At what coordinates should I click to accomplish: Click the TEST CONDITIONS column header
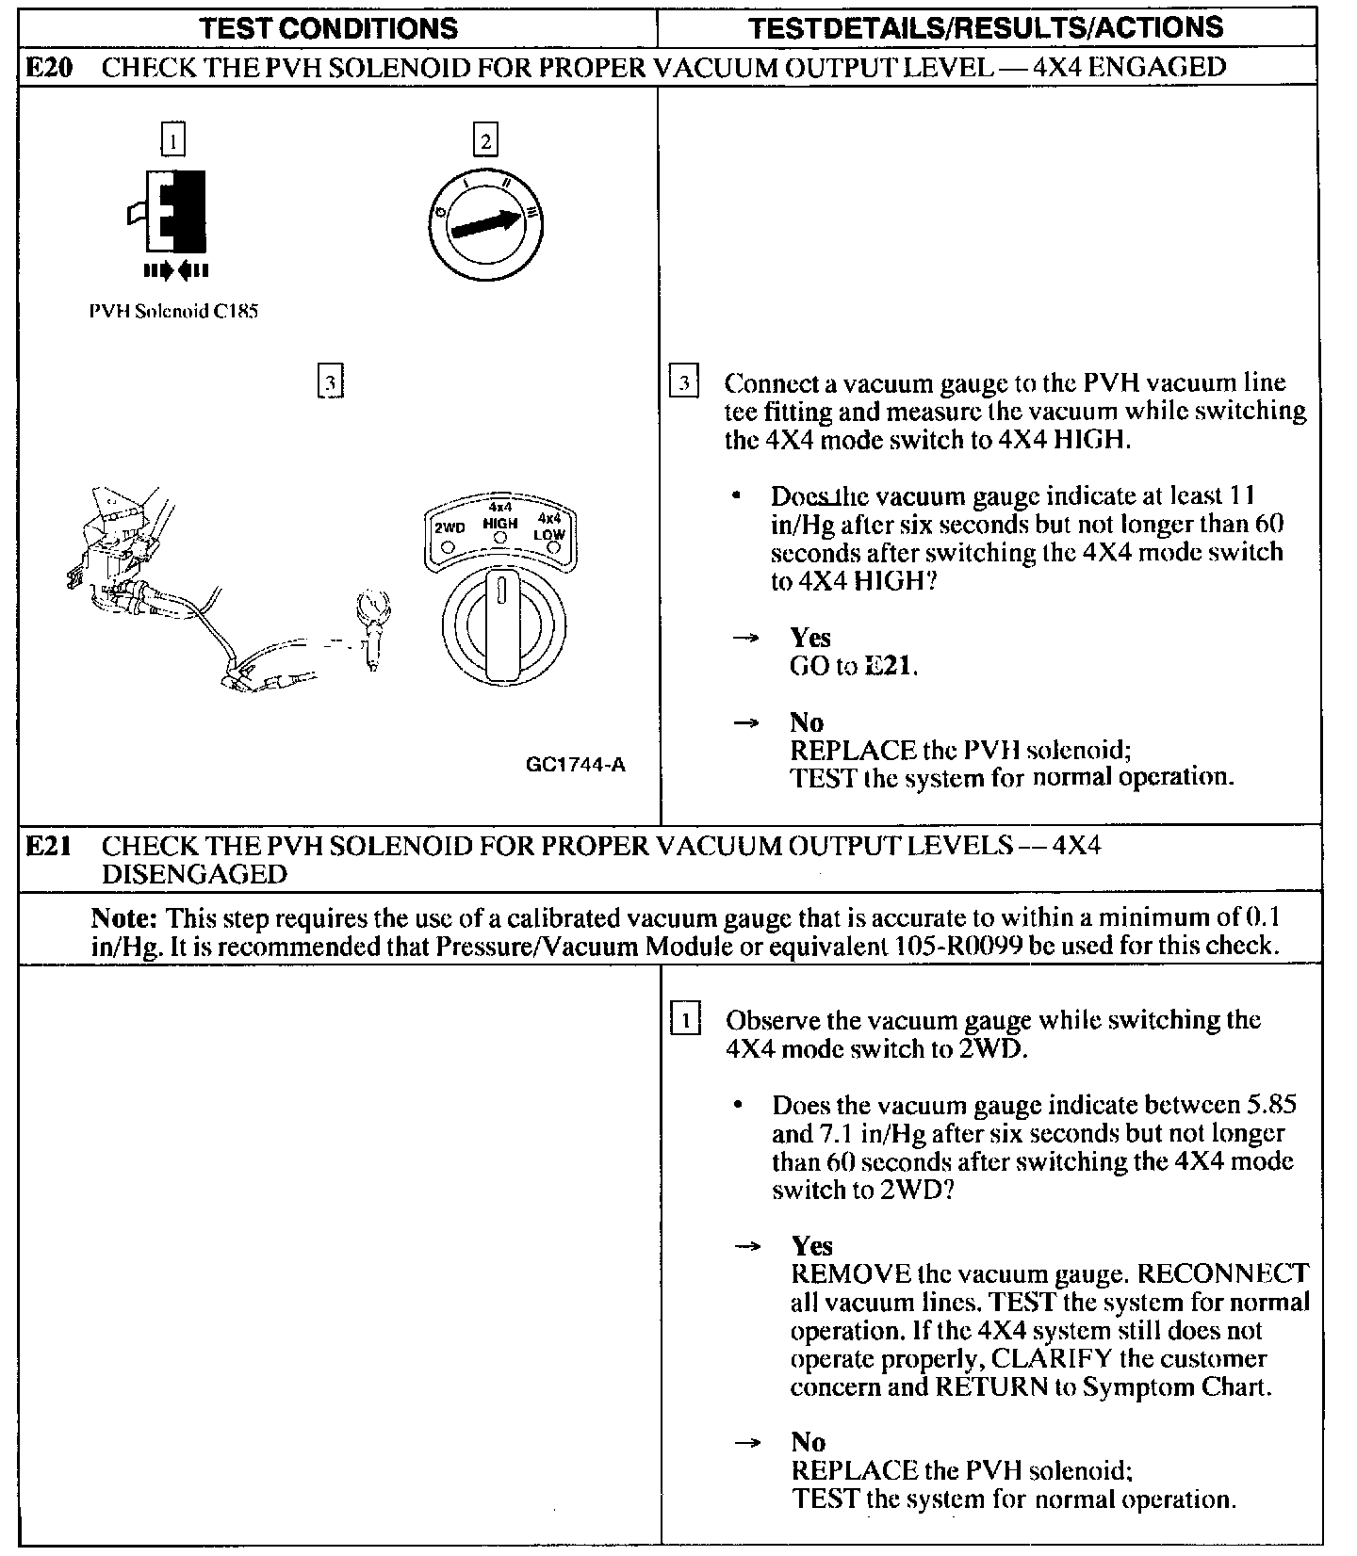[330, 28]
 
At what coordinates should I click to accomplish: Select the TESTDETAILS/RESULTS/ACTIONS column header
[986, 27]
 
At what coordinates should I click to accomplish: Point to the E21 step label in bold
[47, 846]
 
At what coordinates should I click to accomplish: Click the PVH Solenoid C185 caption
[173, 312]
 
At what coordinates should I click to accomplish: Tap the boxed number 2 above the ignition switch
[485, 141]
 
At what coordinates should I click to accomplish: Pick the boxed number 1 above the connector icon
[172, 141]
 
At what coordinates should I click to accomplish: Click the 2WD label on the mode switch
[449, 527]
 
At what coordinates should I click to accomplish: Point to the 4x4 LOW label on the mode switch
[549, 527]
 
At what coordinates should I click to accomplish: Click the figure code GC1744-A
[575, 764]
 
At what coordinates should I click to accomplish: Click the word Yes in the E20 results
[810, 638]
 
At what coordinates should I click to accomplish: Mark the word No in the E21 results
[809, 1442]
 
